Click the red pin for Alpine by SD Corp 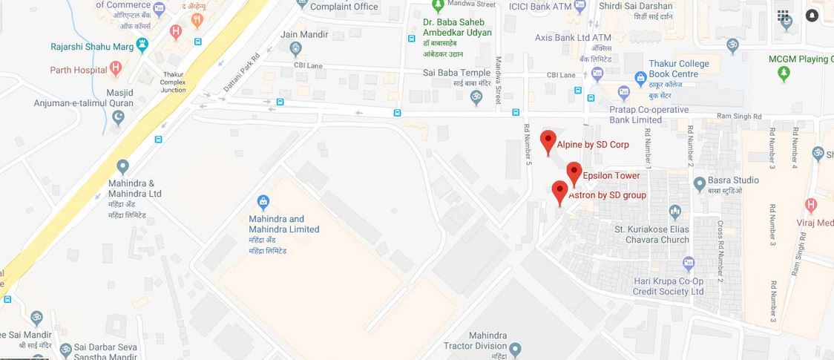(548, 141)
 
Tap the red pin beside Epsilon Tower (574, 174)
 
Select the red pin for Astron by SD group (560, 192)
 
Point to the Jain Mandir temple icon (296, 50)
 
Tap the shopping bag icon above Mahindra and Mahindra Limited (263, 201)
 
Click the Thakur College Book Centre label (678, 69)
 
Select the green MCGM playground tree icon (784, 73)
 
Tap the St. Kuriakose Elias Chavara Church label (651, 235)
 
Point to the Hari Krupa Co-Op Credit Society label (668, 286)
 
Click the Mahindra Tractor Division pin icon (516, 349)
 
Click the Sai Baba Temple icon (476, 96)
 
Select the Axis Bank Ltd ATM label (572, 37)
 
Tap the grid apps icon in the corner (784, 16)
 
